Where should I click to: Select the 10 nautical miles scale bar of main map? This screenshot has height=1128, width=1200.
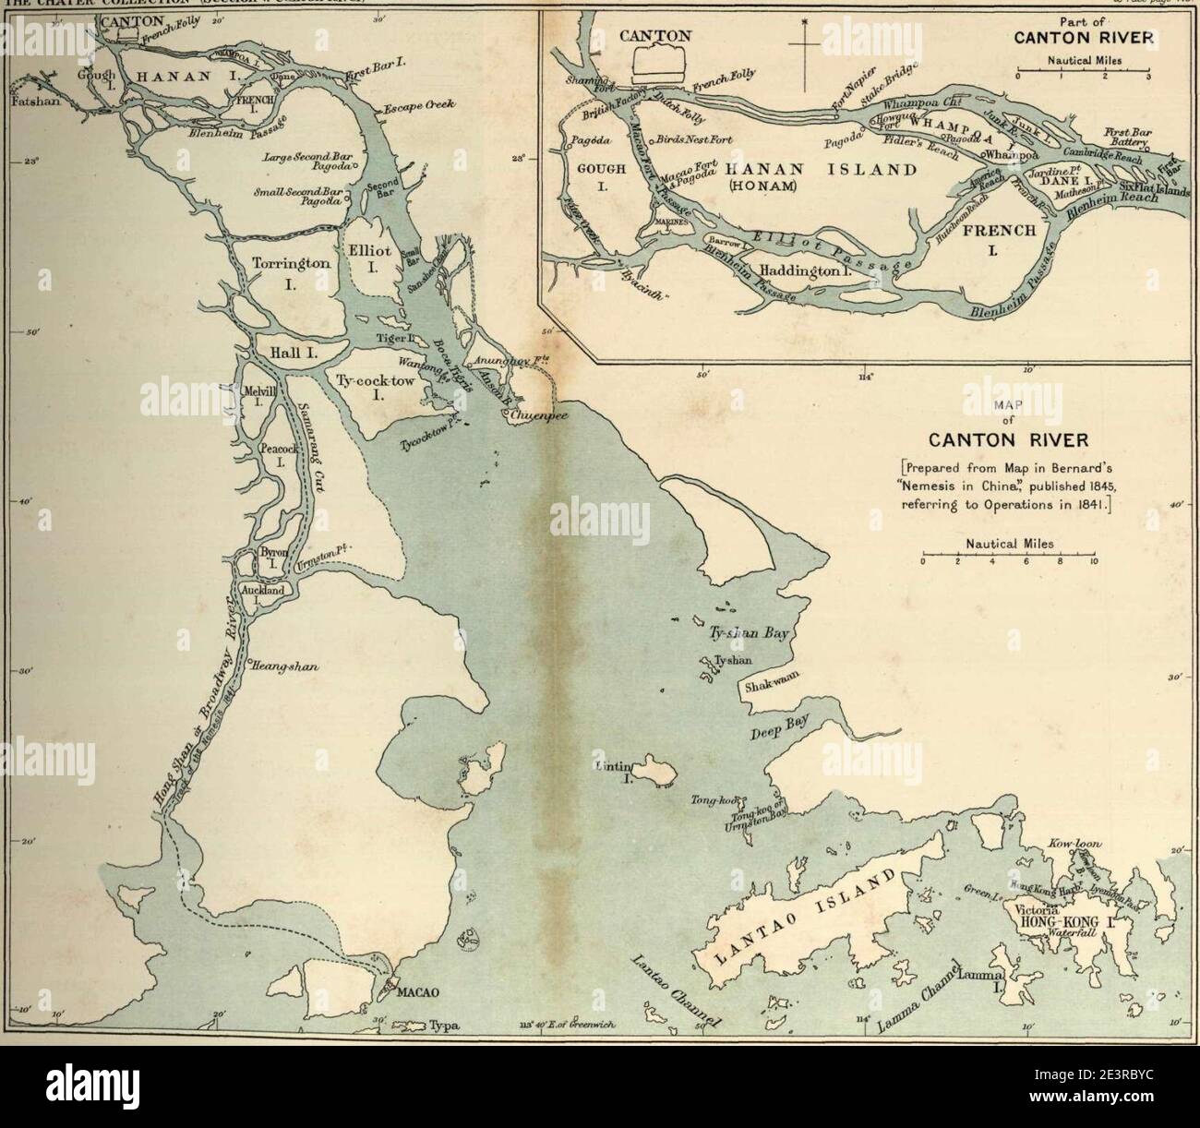[1008, 558]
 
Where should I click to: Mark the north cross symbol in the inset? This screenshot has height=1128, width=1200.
[804, 42]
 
